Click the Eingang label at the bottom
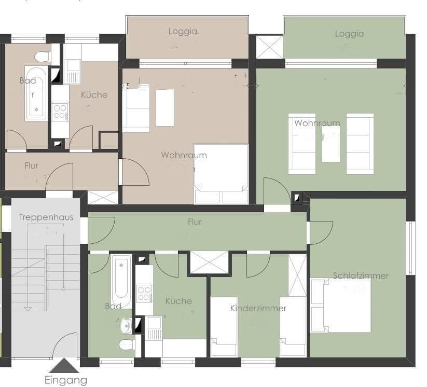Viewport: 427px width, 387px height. click(x=66, y=380)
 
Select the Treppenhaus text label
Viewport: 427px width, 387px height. click(x=46, y=217)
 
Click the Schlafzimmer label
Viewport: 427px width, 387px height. click(x=361, y=275)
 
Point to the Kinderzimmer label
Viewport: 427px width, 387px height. click(x=258, y=308)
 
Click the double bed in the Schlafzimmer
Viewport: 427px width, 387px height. click(x=340, y=306)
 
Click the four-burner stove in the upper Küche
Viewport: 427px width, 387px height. click(x=60, y=112)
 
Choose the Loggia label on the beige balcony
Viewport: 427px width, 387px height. click(x=183, y=31)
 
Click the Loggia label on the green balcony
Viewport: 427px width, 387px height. click(x=349, y=34)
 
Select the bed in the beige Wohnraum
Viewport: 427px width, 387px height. click(x=221, y=174)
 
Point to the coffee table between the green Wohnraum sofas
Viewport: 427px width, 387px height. click(x=330, y=144)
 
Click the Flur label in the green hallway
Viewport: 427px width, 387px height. click(x=195, y=222)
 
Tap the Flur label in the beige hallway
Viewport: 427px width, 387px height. click(x=31, y=166)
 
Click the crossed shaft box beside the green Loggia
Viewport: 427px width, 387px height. click(x=269, y=47)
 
